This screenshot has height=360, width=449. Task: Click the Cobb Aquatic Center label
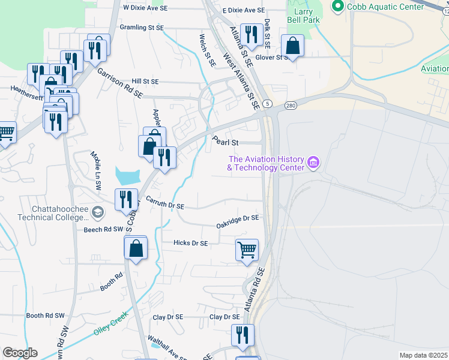point(375,7)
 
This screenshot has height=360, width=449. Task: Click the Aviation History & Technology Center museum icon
point(313,163)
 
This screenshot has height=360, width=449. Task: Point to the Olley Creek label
point(111,323)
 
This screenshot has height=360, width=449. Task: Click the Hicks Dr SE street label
point(190,243)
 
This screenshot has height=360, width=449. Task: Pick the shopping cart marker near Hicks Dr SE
point(247,249)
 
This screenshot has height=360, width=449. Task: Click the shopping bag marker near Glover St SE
point(292,46)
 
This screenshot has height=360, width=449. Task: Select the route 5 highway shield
point(266,104)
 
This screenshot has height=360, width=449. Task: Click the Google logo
point(19,353)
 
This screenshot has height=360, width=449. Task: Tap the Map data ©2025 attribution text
point(423,355)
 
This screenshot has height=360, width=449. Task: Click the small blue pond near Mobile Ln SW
point(127,176)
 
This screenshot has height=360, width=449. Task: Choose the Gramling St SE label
point(142,28)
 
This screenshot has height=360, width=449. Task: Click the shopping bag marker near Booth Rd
point(136,248)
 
